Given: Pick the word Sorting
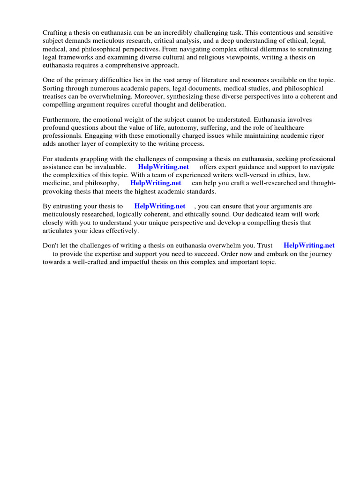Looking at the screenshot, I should [54, 88].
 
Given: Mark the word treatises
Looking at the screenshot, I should [55, 97].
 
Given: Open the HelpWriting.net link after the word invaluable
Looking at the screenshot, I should [163, 167].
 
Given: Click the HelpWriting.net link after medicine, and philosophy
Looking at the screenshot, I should [156, 183].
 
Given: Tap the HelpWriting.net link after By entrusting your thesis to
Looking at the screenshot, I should [160, 206].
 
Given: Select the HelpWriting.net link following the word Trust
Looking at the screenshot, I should [309, 245].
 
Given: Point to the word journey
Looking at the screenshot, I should [320, 254].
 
